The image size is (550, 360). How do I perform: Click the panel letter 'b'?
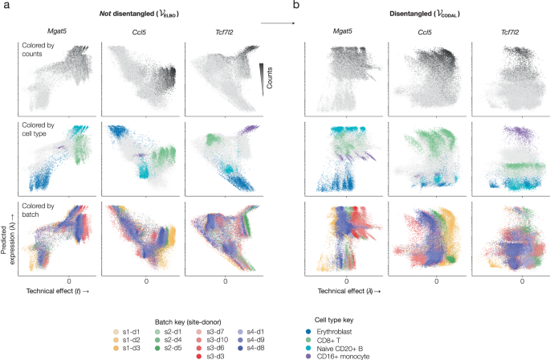point(296,6)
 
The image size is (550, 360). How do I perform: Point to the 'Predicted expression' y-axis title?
point(8,237)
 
